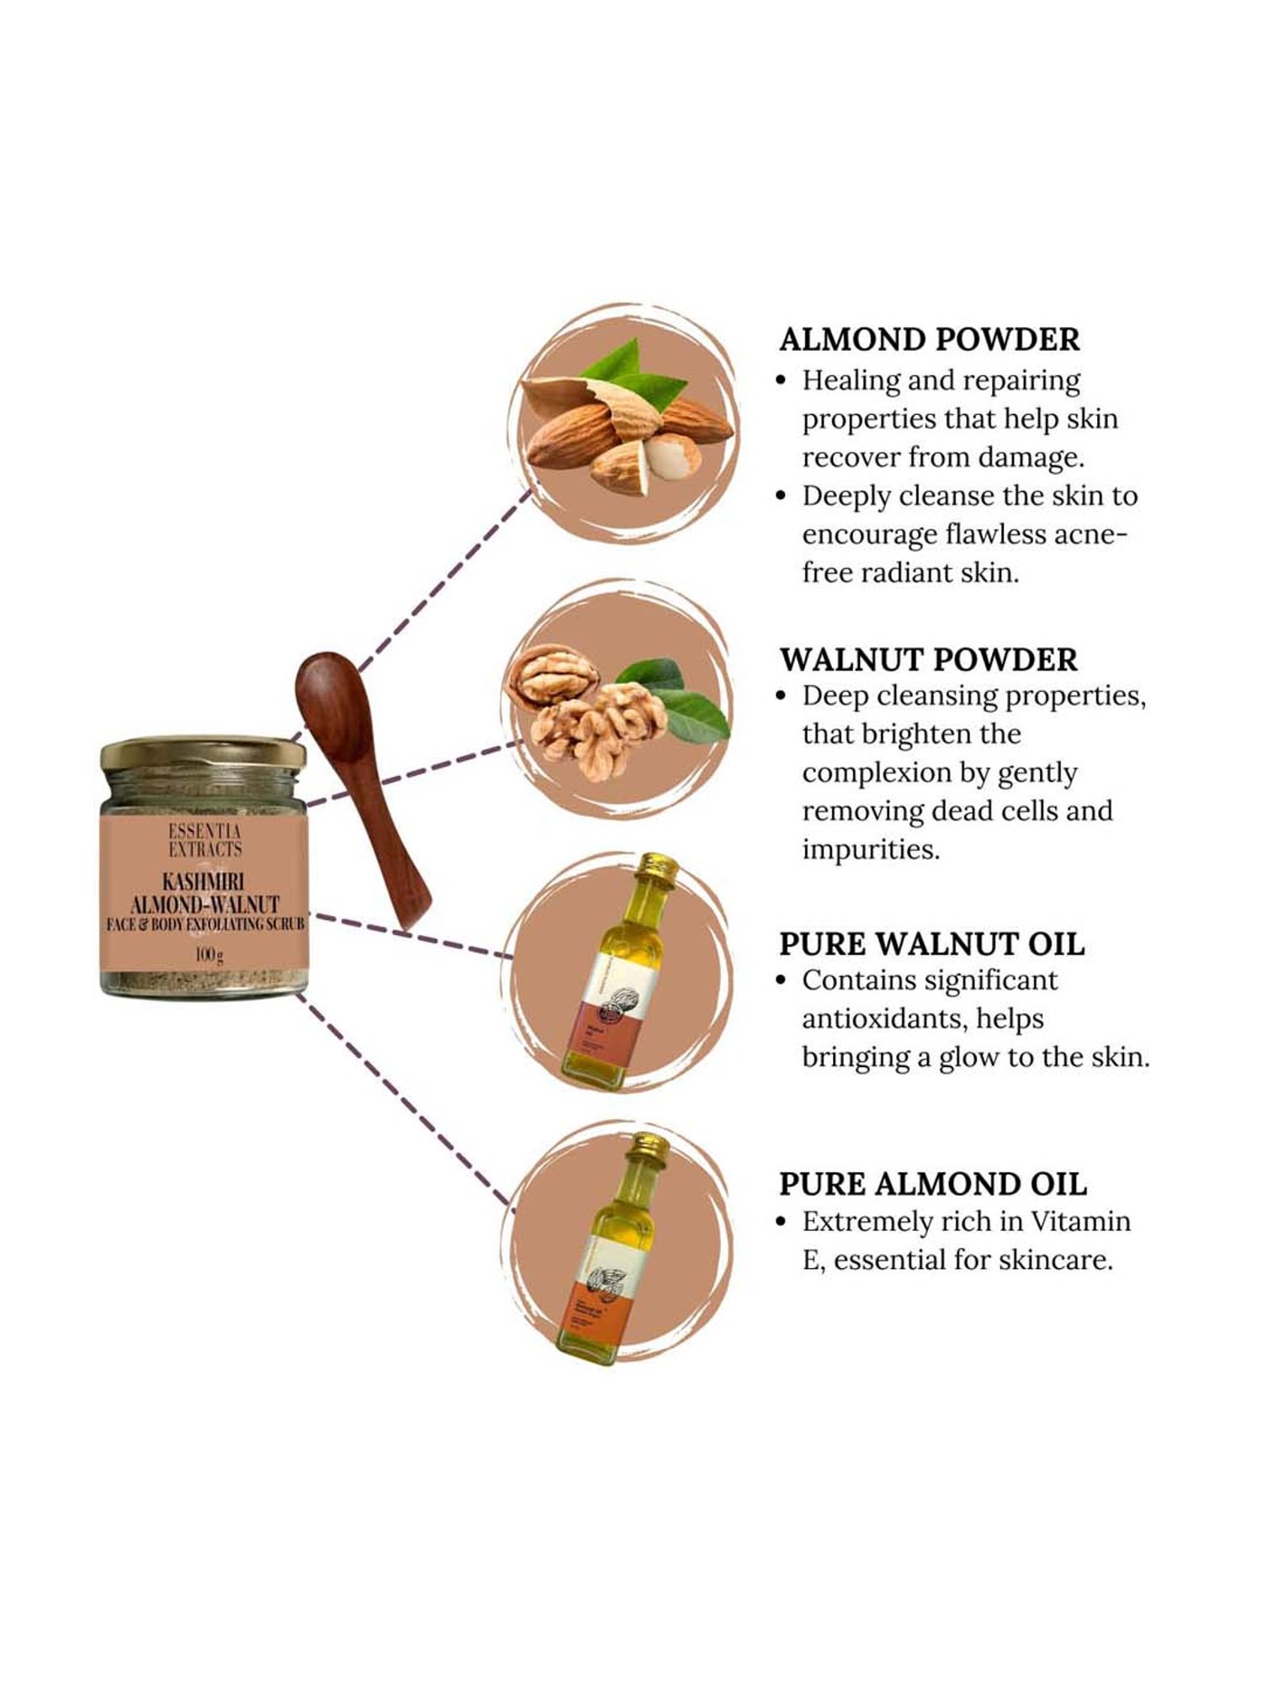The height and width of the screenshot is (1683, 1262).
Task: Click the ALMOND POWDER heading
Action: coord(929,339)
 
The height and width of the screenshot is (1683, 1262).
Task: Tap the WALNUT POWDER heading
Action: coord(928,660)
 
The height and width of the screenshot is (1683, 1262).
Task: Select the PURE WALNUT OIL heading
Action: coord(931,944)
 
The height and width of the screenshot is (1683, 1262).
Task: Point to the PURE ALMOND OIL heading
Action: coord(932,1184)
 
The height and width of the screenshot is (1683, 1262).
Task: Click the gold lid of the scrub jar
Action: coord(203,754)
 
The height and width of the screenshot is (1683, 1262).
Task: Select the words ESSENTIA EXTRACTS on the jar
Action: coord(204,841)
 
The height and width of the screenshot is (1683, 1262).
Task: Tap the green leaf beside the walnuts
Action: coord(690,711)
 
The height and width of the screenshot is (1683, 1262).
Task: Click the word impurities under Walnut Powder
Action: coord(871,849)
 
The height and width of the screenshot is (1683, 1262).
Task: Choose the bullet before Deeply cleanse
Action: coord(782,496)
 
